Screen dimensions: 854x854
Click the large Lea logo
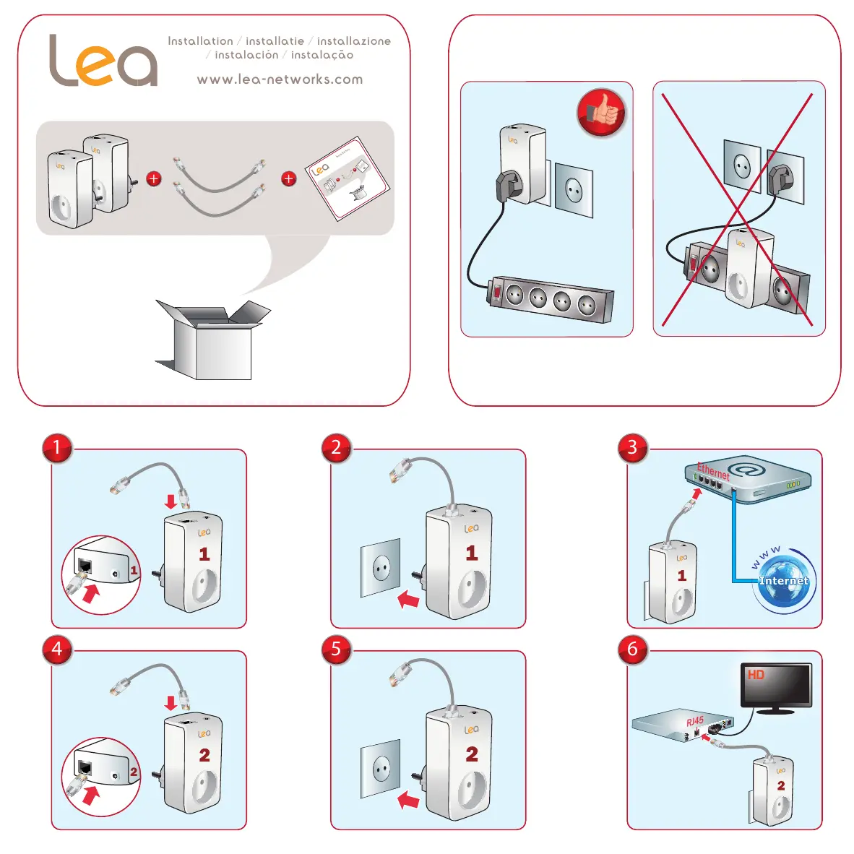[103, 61]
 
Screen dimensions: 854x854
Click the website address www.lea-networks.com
[280, 79]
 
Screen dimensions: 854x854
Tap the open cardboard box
[212, 340]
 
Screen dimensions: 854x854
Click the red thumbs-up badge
[601, 113]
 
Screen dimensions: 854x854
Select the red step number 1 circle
[57, 448]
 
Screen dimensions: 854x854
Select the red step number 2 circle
[336, 448]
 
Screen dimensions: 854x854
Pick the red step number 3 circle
[632, 448]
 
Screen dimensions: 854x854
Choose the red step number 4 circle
[57, 649]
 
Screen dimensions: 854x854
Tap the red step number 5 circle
[336, 649]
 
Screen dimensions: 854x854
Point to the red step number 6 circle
[632, 649]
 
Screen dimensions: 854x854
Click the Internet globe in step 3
[785, 582]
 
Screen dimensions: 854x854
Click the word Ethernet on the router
[713, 471]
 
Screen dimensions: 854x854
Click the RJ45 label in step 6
[694, 721]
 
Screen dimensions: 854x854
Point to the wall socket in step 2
[381, 568]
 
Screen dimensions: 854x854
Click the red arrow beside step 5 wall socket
[409, 800]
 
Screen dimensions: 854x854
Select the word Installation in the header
[200, 41]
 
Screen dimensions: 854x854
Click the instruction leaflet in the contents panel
[349, 178]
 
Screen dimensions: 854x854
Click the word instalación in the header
[246, 55]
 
